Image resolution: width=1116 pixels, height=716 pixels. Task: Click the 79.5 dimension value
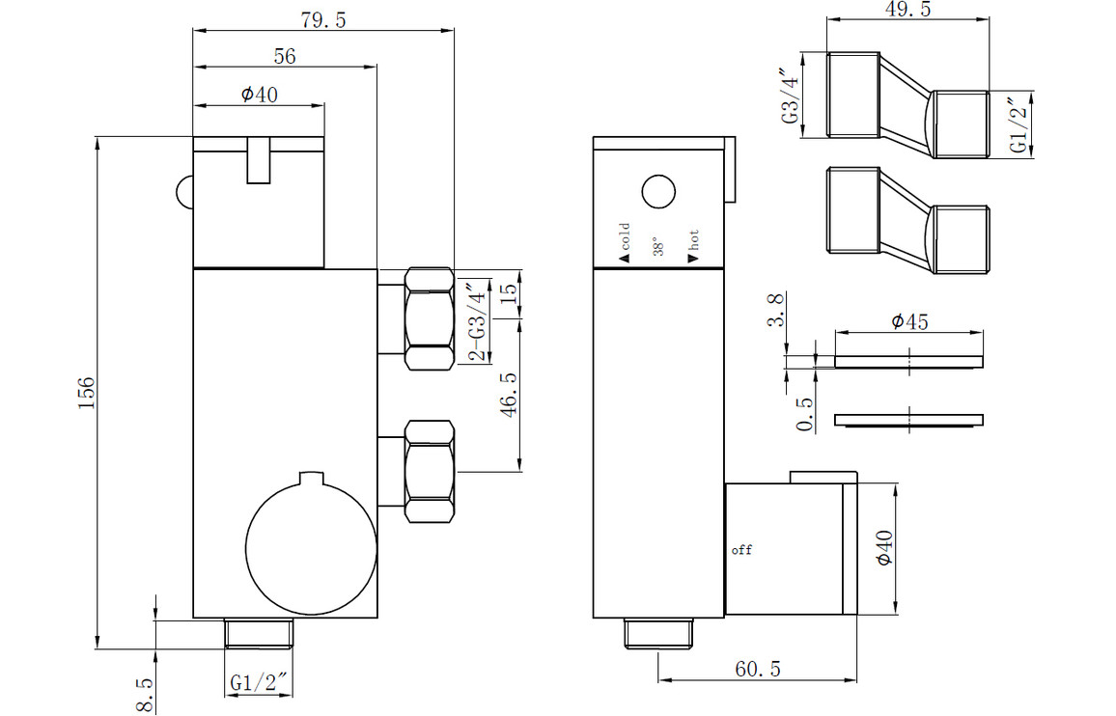(323, 20)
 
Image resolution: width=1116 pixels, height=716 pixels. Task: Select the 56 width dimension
(285, 56)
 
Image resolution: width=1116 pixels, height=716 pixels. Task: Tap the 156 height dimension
(86, 393)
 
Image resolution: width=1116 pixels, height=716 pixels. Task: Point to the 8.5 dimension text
(145, 695)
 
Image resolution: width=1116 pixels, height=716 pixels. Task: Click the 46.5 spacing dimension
(509, 395)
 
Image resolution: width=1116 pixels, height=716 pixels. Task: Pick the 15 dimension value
(509, 291)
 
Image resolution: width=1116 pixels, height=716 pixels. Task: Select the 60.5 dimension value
(758, 669)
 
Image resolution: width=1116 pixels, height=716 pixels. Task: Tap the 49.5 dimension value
(907, 10)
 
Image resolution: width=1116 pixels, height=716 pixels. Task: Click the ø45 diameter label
(910, 321)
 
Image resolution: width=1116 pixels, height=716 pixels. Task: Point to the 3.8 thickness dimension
(775, 311)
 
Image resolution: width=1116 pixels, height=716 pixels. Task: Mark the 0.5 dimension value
(805, 414)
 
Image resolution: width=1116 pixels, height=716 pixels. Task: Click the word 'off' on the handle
(741, 549)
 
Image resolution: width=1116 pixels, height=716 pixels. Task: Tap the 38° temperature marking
(658, 247)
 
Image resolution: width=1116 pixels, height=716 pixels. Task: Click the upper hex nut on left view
(430, 318)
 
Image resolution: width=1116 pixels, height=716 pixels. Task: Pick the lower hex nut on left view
(430, 471)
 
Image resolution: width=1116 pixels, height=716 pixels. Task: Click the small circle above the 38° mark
(658, 192)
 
